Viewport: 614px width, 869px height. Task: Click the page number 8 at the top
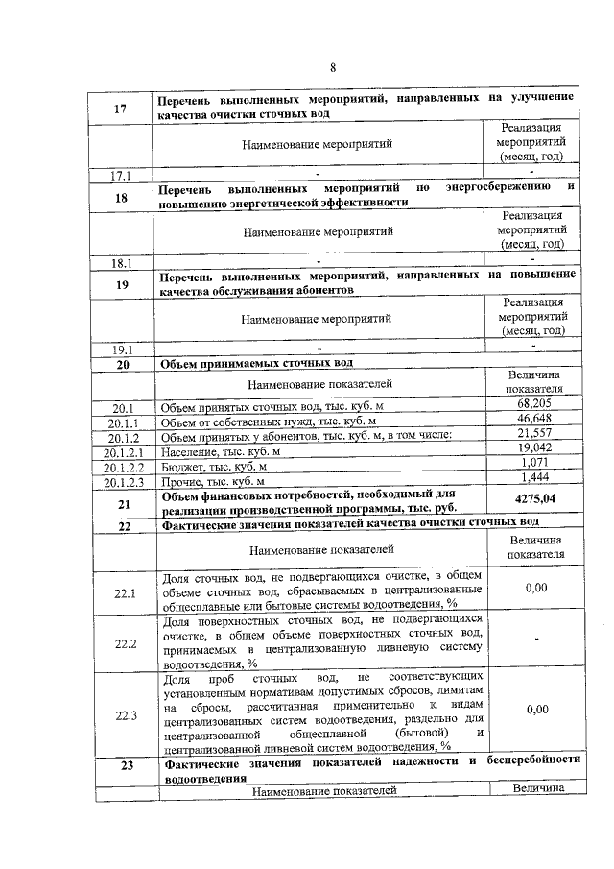[x=333, y=68]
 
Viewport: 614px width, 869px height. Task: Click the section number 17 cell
[x=121, y=109]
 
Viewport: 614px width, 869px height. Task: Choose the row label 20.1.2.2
[x=124, y=466]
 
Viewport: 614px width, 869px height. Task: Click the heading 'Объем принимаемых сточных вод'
[x=257, y=364]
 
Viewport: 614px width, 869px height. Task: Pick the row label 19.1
[x=123, y=350]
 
